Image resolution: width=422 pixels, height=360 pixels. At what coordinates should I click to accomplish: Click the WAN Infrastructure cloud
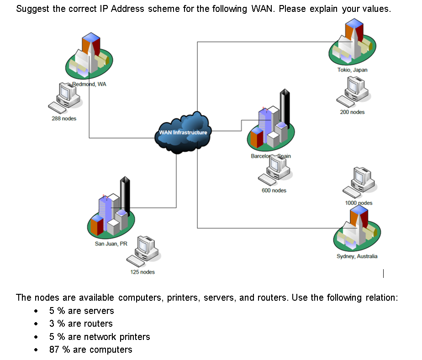[183, 132]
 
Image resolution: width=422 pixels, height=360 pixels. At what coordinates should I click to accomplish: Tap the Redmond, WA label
[90, 84]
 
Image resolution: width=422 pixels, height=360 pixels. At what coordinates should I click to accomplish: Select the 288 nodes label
[64, 119]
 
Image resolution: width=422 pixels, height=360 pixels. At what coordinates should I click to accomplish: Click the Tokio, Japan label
[352, 70]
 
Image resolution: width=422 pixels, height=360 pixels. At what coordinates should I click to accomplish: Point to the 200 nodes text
[352, 112]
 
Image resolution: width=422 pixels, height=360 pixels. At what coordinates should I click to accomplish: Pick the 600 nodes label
[274, 190]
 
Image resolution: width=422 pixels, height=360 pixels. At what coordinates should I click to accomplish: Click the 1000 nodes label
[359, 203]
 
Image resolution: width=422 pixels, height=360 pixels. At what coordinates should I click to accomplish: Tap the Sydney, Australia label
[357, 256]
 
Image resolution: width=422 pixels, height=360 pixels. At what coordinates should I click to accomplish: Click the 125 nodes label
[142, 272]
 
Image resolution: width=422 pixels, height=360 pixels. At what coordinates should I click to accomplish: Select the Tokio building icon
[352, 42]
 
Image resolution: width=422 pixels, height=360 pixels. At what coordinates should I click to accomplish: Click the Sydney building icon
[357, 228]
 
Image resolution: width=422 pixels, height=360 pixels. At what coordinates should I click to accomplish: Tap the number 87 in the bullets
[54, 350]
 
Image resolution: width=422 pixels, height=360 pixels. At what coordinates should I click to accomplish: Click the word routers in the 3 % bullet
[98, 323]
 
